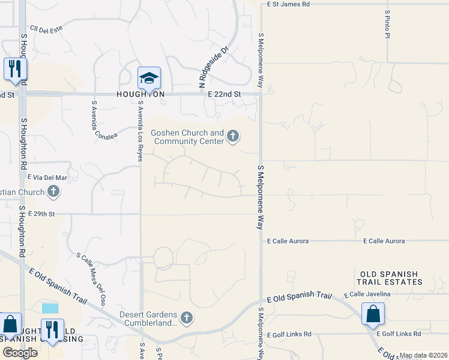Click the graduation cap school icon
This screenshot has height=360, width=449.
tap(149, 77)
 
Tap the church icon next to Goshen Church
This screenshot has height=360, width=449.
tap(233, 139)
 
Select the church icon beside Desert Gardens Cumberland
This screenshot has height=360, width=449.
tap(187, 317)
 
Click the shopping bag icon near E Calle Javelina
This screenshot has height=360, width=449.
tap(373, 313)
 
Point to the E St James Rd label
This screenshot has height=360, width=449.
tap(288, 4)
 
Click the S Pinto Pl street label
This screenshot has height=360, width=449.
tap(387, 24)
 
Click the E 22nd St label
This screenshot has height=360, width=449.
tap(224, 94)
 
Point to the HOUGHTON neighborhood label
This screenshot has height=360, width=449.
tap(140, 95)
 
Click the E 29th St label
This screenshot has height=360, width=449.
tap(41, 214)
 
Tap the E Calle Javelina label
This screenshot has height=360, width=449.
tap(367, 294)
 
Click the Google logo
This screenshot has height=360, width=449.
tap(20, 352)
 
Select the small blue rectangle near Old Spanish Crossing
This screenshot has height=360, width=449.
tap(51, 308)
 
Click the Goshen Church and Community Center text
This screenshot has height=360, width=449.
tap(187, 137)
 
